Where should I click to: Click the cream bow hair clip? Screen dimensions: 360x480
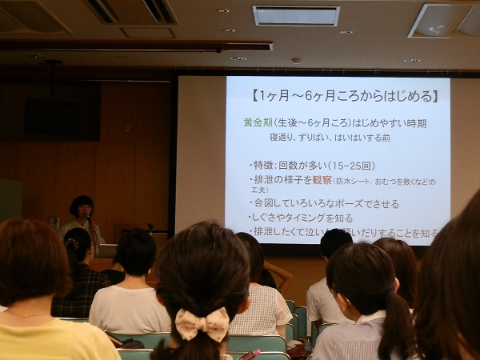tap(202, 324)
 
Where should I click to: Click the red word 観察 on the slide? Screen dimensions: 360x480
tap(322, 180)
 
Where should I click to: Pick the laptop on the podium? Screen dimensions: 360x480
tap(106, 250)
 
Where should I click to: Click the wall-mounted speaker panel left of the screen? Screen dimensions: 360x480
tap(62, 119)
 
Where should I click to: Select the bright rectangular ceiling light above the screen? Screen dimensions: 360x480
tap(296, 16)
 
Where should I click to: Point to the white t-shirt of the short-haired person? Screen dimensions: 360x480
tap(130, 309)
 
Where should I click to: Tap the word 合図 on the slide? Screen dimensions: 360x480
tap(266, 203)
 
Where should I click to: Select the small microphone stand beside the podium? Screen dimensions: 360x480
tap(149, 229)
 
